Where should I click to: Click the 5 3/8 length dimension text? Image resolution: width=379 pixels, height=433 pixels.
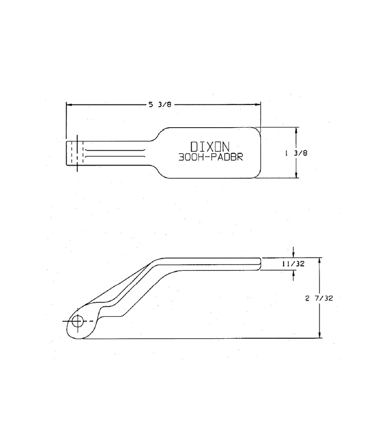[x=160, y=104]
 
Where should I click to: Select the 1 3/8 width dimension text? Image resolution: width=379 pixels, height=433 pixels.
[x=296, y=153]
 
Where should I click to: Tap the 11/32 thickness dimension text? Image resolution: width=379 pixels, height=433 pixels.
[x=293, y=264]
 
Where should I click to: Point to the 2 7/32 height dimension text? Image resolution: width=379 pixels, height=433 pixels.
[x=319, y=298]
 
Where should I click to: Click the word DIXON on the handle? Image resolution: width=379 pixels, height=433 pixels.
[x=210, y=146]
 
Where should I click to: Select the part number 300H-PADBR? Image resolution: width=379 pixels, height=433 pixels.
[x=211, y=157]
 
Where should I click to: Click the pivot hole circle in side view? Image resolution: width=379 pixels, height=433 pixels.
[x=77, y=322]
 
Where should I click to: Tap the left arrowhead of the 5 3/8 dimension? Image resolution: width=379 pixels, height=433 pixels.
[x=69, y=105]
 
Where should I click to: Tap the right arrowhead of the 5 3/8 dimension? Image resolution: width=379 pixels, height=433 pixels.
[x=258, y=104]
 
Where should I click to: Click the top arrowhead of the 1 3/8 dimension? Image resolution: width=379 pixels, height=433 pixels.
[x=296, y=130]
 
